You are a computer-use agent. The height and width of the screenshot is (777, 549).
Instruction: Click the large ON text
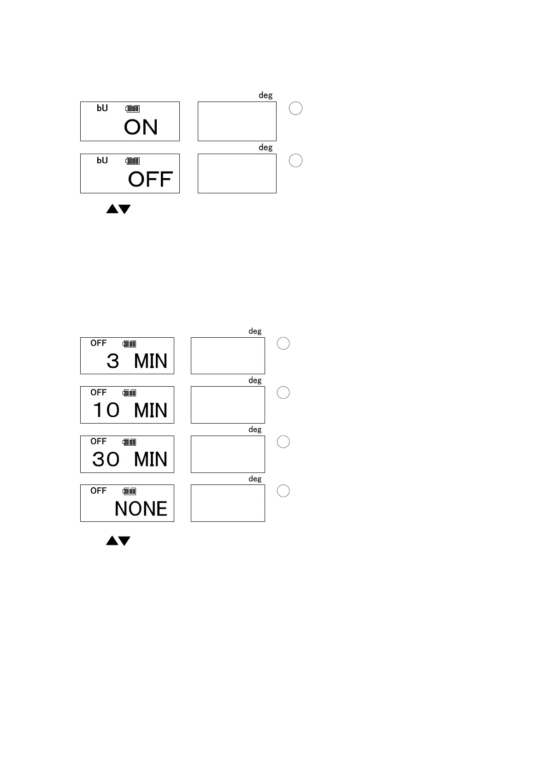tap(141, 127)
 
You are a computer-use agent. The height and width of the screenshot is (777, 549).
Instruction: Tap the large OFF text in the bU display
tap(150, 179)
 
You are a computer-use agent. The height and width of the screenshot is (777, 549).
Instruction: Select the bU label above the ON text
tap(102, 108)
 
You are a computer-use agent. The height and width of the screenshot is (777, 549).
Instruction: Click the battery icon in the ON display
tap(133, 109)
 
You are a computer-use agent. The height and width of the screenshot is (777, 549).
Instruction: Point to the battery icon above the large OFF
tap(133, 161)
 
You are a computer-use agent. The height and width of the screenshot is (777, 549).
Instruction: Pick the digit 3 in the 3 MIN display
tap(112, 361)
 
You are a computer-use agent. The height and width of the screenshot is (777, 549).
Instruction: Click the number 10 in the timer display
tap(106, 410)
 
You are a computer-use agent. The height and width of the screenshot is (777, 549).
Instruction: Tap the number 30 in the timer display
tap(106, 460)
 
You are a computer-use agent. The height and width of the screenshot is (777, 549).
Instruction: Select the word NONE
tap(141, 509)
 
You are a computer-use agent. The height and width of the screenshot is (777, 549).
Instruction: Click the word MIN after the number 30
tap(150, 460)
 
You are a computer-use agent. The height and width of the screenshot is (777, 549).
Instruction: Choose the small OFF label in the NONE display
tap(98, 490)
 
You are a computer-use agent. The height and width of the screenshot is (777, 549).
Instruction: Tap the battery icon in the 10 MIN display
tap(130, 393)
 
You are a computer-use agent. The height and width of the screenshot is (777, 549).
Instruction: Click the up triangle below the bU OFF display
tap(112, 209)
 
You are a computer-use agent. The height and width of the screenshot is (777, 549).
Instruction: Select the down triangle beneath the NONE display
tap(124, 541)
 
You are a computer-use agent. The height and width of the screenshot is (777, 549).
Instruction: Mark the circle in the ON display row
tap(295, 108)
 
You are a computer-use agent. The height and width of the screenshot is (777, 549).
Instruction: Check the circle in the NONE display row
tap(283, 491)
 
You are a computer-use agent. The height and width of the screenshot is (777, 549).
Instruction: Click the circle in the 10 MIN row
tap(283, 393)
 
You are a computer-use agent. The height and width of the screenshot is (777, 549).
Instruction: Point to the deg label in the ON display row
tap(266, 96)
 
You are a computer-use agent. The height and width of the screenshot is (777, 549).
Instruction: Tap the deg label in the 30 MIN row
tap(255, 430)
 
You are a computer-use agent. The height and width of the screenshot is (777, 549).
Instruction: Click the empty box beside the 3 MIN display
tap(228, 356)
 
